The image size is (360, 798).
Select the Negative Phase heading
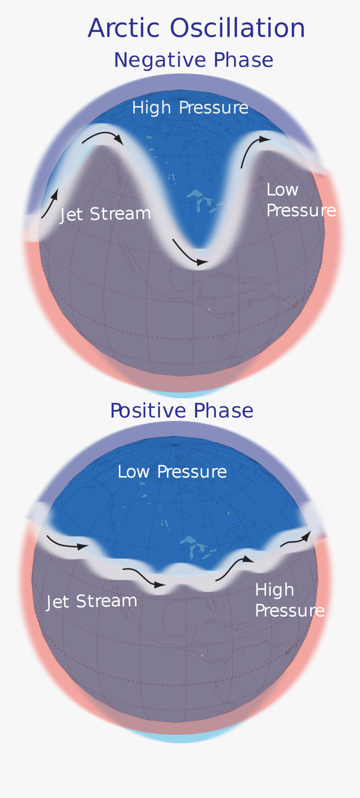(x=193, y=60)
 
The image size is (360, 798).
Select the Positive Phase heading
(x=182, y=411)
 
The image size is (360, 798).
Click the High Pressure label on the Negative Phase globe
(x=190, y=108)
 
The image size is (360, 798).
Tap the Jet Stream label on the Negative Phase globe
(x=105, y=214)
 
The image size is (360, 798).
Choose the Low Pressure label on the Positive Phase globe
(x=172, y=472)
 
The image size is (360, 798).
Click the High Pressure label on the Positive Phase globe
(x=289, y=600)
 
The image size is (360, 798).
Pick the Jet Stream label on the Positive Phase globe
(x=92, y=602)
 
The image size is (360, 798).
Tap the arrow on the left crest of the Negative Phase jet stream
(x=103, y=136)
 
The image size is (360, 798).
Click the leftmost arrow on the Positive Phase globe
(x=67, y=543)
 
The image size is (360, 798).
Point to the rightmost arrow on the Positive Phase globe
(x=296, y=539)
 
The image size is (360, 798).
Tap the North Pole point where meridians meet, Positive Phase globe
(x=175, y=445)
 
